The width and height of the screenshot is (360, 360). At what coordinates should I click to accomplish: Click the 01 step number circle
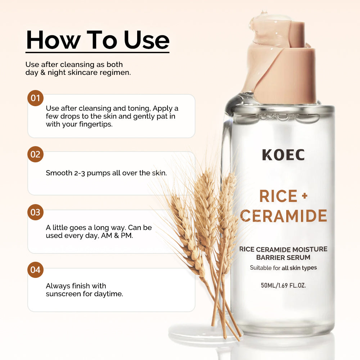[x=35, y=98]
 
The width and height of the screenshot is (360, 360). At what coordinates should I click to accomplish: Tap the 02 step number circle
[x=35, y=154]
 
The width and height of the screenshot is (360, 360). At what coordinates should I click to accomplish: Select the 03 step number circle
[x=35, y=212]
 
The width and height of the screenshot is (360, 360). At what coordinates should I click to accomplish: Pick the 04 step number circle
[x=35, y=270]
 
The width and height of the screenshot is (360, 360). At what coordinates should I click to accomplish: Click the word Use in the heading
[x=147, y=40]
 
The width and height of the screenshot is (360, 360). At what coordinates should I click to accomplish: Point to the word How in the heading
[x=53, y=40]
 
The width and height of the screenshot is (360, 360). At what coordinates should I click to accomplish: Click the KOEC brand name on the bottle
[x=283, y=155]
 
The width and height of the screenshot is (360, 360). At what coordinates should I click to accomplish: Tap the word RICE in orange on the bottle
[x=278, y=196]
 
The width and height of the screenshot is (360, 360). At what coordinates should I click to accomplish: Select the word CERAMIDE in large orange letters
[x=284, y=216]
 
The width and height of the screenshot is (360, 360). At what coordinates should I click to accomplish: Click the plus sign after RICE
[x=305, y=196]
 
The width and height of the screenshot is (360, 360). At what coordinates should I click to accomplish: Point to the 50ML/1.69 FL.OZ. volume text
[x=283, y=285]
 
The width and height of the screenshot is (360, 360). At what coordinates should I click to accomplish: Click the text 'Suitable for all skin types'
[x=283, y=268]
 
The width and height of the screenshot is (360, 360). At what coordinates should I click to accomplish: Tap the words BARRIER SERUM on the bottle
[x=283, y=257]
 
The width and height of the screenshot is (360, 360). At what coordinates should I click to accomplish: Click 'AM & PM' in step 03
[x=117, y=235]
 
